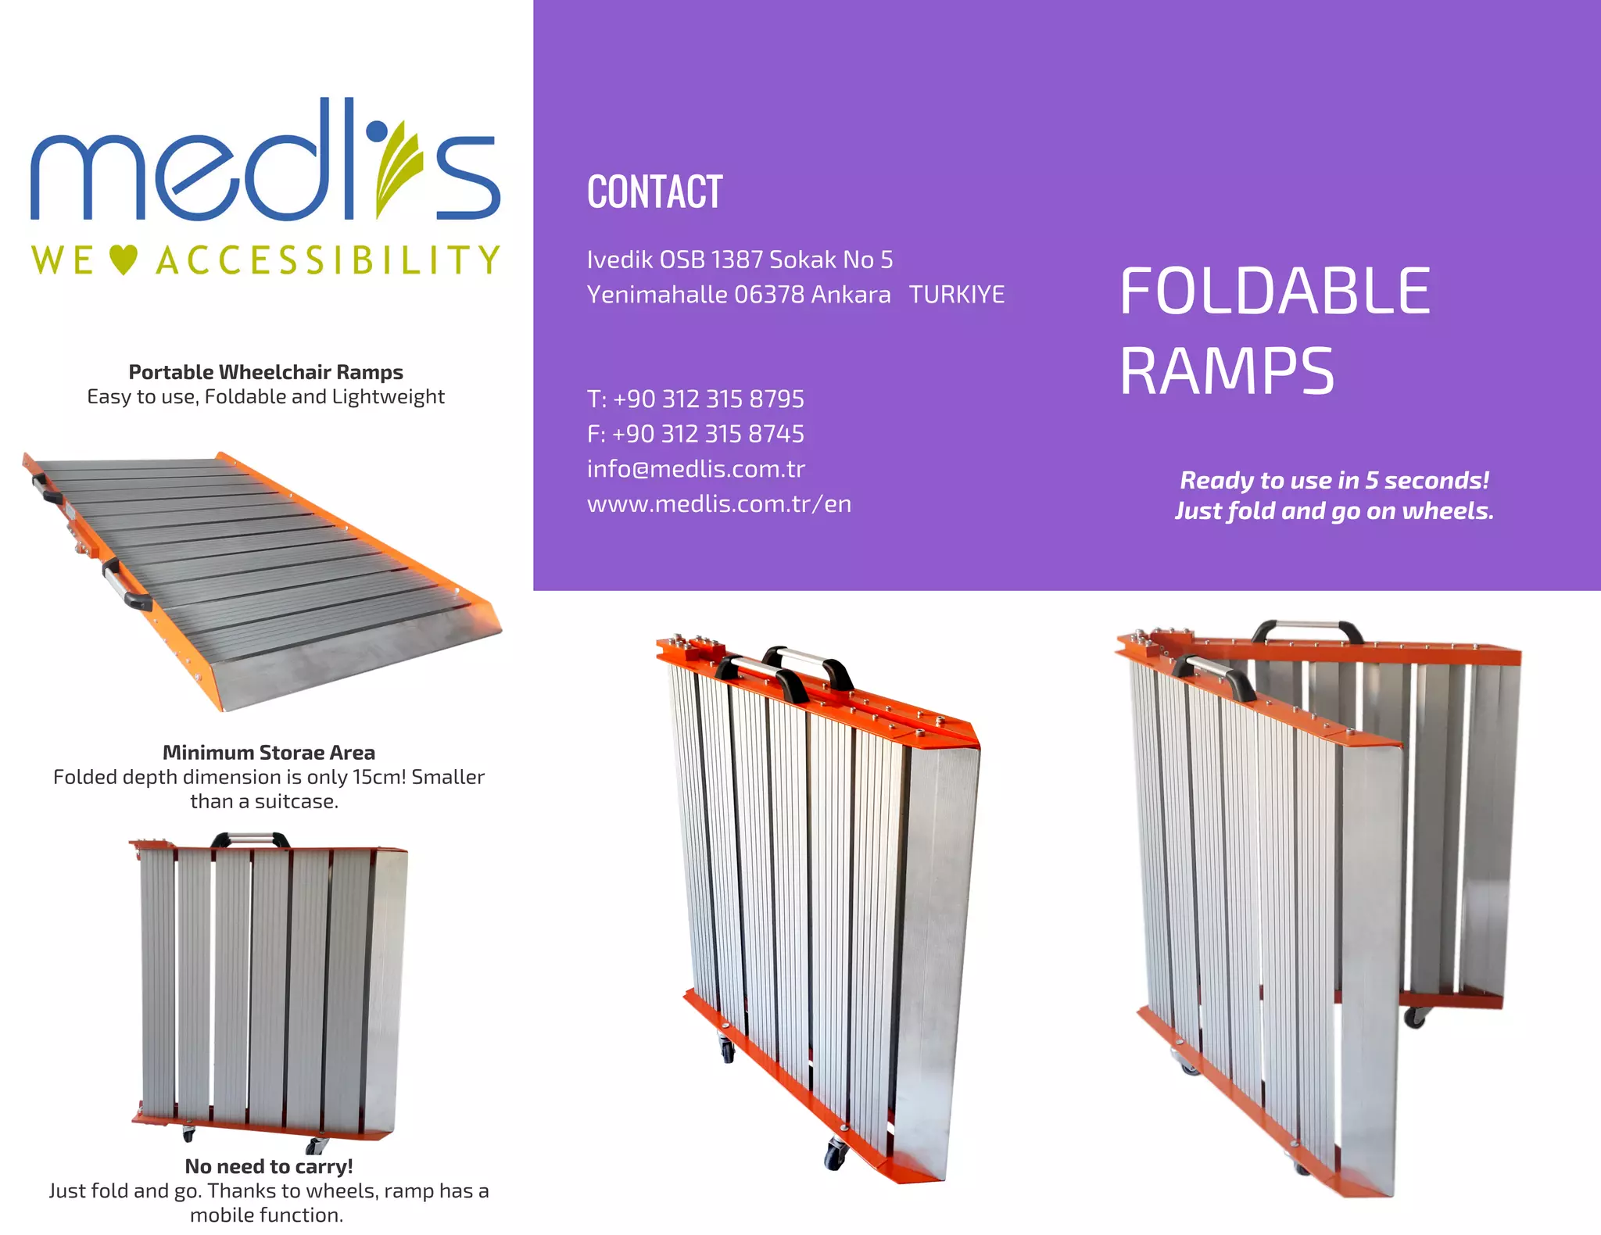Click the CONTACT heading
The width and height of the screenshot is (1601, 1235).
pyautogui.click(x=654, y=192)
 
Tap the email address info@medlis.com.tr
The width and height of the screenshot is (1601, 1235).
pyautogui.click(x=696, y=469)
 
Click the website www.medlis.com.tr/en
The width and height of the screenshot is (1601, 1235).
pyautogui.click(x=719, y=504)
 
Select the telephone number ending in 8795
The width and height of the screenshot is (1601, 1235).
pyautogui.click(x=695, y=399)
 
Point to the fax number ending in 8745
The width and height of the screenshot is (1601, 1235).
pyautogui.click(x=695, y=434)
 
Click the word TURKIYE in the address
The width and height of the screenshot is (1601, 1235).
pyautogui.click(x=956, y=295)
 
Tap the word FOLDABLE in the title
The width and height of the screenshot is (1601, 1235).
pyautogui.click(x=1275, y=292)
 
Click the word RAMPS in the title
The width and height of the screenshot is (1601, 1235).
pyautogui.click(x=1227, y=372)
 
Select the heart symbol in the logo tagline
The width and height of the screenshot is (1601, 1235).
pyautogui.click(x=124, y=260)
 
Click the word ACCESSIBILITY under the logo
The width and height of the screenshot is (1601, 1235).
pyautogui.click(x=328, y=260)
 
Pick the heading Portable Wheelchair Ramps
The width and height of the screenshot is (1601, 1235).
pyautogui.click(x=266, y=372)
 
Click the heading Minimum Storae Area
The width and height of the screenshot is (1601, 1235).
pyautogui.click(x=268, y=753)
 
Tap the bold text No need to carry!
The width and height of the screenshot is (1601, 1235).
pyautogui.click(x=268, y=1166)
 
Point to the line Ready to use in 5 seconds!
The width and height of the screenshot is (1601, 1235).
pyautogui.click(x=1334, y=480)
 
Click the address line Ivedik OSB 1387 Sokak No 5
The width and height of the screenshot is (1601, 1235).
pyautogui.click(x=740, y=260)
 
